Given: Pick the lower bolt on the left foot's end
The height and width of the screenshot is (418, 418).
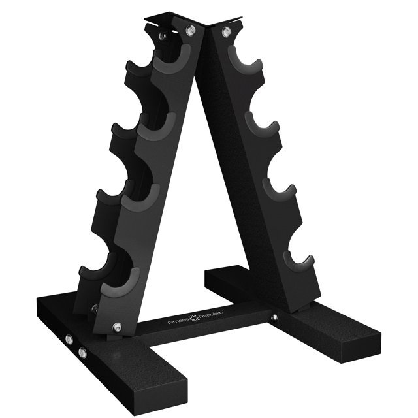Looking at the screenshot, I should click(82, 353).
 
